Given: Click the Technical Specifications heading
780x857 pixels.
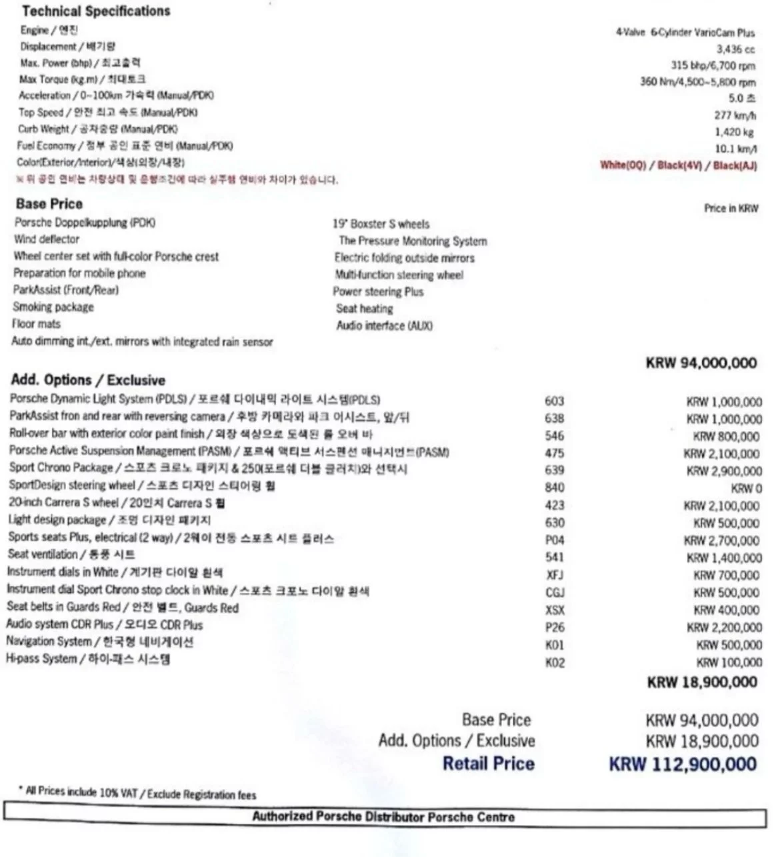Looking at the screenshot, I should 95,11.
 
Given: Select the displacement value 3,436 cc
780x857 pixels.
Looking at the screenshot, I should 736,49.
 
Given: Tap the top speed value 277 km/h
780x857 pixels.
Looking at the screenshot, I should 736,115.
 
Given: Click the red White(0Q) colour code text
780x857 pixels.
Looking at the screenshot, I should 623,165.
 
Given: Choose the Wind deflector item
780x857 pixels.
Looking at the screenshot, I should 47,239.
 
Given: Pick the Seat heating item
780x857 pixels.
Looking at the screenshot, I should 365,309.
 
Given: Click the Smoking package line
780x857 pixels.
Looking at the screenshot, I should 53,307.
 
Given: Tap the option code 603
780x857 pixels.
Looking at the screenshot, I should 554,401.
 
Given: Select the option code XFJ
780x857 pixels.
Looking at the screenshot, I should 555,574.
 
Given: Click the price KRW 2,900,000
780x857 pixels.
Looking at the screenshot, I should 723,471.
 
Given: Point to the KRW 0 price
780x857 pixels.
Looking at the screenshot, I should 746,488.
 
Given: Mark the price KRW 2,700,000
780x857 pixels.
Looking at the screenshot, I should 723,540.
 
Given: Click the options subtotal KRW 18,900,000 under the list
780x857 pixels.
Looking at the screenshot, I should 702,682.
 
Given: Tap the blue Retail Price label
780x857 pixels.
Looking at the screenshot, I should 489,764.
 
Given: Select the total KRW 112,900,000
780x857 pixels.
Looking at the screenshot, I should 683,764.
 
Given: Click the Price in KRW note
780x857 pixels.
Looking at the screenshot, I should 731,209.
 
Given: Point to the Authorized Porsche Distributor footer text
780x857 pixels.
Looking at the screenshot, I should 383,817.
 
